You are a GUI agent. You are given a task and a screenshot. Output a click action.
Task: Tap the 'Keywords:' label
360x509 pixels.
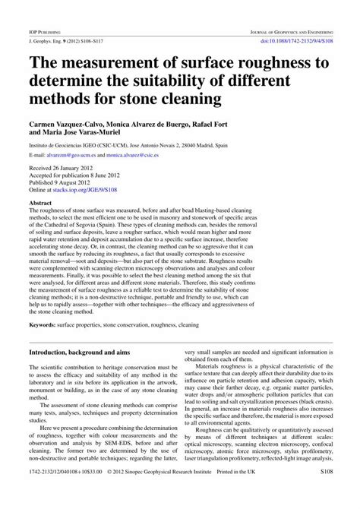[x=45, y=325]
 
